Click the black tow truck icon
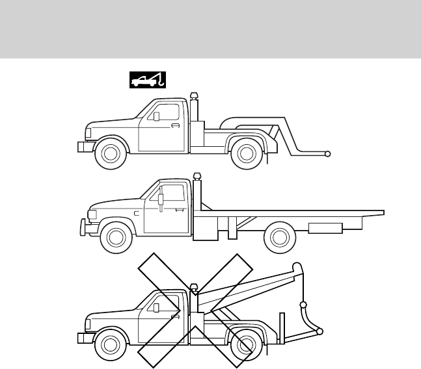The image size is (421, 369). (141, 79)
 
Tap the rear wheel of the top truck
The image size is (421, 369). (246, 153)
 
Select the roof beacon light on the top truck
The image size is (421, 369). (193, 97)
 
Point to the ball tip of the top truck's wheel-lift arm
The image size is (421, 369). (329, 154)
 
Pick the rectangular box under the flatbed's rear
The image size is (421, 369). (325, 228)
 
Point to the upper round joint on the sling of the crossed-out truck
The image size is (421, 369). (302, 305)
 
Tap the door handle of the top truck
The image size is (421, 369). (175, 125)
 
